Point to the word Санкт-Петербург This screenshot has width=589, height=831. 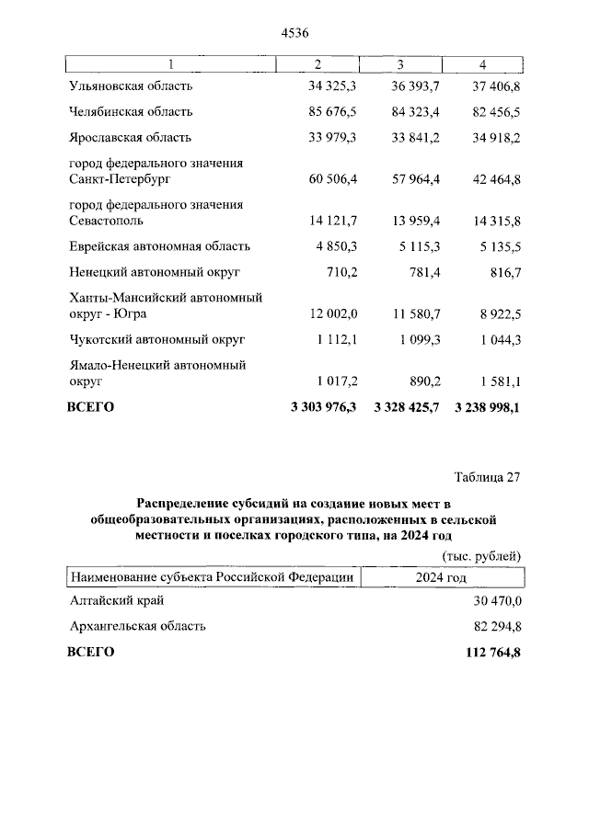click(121, 180)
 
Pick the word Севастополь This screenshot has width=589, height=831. click(106, 221)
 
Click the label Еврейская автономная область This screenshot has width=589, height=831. click(159, 246)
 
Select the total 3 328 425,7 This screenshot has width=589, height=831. click(405, 406)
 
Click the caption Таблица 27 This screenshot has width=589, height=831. click(488, 476)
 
